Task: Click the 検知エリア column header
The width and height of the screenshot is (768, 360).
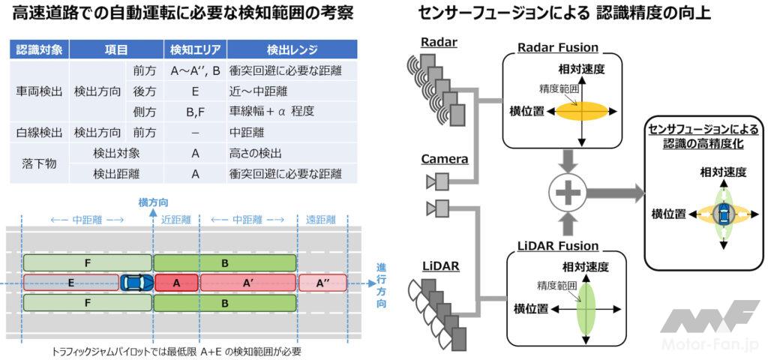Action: (x=195, y=49)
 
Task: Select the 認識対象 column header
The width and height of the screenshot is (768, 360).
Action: (x=38, y=49)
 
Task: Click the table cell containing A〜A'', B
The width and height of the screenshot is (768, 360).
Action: (x=195, y=70)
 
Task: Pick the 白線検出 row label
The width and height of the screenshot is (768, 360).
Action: (x=38, y=133)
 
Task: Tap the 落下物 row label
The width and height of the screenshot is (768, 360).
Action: (x=38, y=163)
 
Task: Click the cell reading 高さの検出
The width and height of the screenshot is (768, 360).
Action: (x=255, y=154)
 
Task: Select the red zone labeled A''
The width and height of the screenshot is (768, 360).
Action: (x=325, y=283)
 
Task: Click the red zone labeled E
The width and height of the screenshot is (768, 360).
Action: (x=71, y=283)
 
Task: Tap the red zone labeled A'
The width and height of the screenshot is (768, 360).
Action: (x=247, y=283)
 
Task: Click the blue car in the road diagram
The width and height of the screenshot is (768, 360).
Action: (x=136, y=283)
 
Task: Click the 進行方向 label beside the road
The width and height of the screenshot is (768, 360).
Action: (x=382, y=286)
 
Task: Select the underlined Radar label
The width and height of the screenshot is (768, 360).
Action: (x=439, y=42)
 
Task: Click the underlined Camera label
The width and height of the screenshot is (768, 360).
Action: (x=444, y=159)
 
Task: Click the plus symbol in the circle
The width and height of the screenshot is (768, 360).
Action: (x=568, y=194)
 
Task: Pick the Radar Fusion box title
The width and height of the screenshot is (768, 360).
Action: (x=558, y=48)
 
